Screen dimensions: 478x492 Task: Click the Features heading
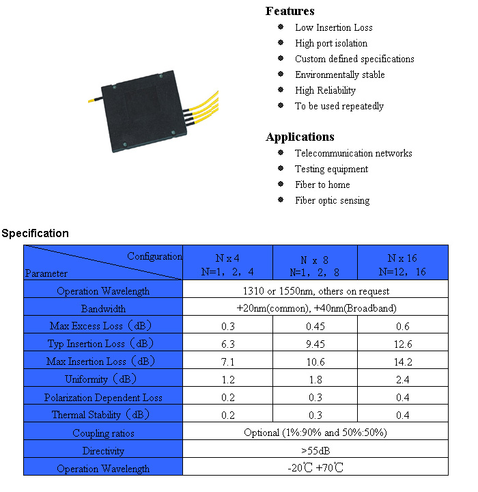tap(290, 11)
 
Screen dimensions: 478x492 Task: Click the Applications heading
tap(300, 137)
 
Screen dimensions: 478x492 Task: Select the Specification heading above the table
tap(35, 234)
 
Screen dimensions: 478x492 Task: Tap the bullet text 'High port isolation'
tap(331, 43)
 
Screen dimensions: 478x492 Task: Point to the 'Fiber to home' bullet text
tap(322, 184)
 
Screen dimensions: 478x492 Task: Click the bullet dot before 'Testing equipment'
tap(281, 168)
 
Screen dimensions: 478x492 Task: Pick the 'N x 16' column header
tap(402, 258)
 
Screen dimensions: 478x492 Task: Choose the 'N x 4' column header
tap(227, 258)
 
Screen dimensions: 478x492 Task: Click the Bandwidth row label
tap(103, 309)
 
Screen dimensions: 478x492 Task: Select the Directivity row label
tap(103, 451)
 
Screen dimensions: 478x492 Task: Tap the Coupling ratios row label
tap(103, 433)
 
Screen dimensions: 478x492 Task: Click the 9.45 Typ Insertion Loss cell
tap(315, 344)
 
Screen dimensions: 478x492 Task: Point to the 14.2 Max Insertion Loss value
tap(403, 362)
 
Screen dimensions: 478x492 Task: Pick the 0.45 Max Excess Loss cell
tap(315, 327)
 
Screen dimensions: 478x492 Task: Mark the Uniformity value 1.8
tap(315, 380)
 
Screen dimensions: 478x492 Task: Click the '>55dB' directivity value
tap(315, 451)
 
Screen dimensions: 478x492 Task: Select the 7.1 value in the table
tap(227, 362)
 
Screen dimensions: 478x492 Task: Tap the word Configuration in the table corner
tap(154, 257)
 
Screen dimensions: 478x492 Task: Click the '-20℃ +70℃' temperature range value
tap(315, 468)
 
